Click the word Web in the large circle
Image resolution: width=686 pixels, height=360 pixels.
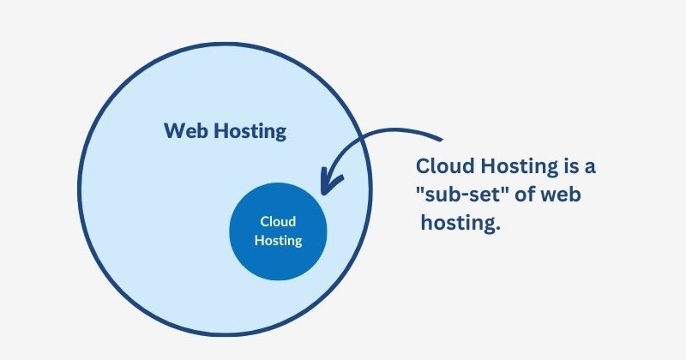point(184,132)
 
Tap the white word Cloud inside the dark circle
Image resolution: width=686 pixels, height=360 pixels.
point(278,222)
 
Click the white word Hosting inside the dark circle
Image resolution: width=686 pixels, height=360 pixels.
point(278,241)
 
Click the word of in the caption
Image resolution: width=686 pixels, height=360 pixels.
point(527,195)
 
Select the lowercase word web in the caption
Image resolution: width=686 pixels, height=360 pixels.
point(563,195)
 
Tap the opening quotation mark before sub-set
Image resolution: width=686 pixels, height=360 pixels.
point(420,188)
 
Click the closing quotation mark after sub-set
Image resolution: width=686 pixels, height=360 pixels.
point(507,188)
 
